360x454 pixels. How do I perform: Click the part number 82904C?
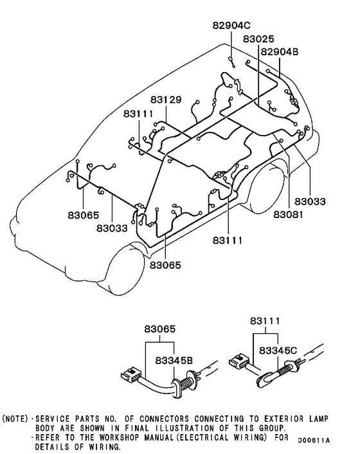click(x=231, y=26)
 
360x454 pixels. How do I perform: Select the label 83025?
click(x=258, y=39)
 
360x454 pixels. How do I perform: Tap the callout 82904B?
click(x=279, y=51)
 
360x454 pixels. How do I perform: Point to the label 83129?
click(x=166, y=100)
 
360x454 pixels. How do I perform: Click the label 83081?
click(x=288, y=215)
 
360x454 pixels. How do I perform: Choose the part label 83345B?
click(x=174, y=361)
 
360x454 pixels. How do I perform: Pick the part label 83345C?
click(x=278, y=350)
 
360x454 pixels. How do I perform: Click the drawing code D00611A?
click(x=314, y=440)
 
